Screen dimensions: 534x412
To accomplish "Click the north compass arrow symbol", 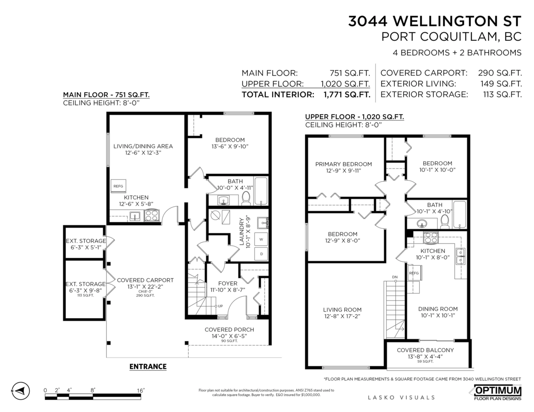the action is [20, 390].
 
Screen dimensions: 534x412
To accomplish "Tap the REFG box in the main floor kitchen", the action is [118, 186].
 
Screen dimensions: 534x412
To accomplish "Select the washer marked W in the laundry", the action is [261, 239].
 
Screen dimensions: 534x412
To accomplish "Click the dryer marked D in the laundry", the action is [261, 254].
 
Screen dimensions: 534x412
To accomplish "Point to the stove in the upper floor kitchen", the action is [431, 237].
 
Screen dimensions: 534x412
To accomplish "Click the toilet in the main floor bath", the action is [246, 198].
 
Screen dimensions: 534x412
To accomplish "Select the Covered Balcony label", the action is [425, 350].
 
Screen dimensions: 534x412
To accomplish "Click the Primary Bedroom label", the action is [344, 164].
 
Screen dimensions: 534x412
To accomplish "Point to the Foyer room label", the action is [228, 284].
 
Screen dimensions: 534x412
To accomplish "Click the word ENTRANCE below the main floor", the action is [148, 367].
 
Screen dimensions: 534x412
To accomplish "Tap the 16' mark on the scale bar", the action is [141, 390].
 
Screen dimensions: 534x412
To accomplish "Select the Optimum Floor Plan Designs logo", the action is [498, 393].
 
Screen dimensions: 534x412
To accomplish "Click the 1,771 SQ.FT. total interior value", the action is [347, 95].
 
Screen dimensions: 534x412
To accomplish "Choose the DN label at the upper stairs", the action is [395, 277].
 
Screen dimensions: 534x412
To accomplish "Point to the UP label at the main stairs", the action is [220, 306].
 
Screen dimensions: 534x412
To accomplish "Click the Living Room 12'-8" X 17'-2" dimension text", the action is [342, 316].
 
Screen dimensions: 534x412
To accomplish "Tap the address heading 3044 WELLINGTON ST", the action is [435, 21].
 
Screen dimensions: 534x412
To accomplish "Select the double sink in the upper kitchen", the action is [460, 256].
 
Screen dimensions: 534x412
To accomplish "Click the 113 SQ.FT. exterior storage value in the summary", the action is [502, 95].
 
